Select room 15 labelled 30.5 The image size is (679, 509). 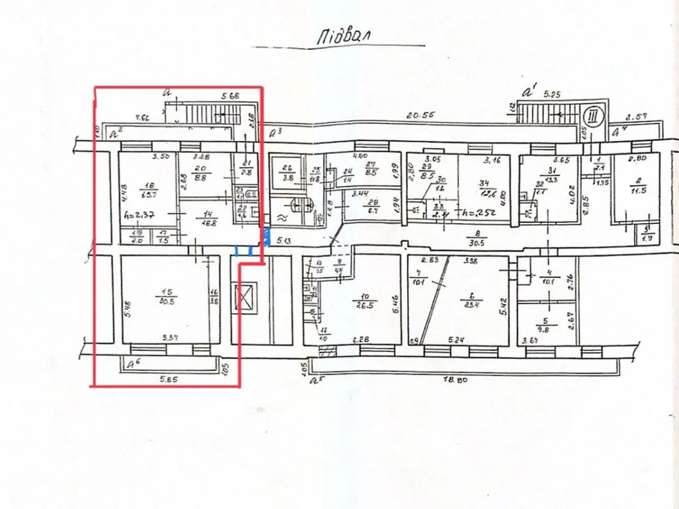(x=167, y=297)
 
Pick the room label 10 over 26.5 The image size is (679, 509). (x=365, y=301)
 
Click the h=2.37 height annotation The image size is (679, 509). (x=139, y=215)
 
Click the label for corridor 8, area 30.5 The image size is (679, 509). (x=477, y=240)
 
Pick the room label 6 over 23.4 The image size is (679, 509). (x=472, y=300)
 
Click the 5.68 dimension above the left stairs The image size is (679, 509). (x=230, y=96)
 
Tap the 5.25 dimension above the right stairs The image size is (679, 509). (x=552, y=94)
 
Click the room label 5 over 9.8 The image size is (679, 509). (x=544, y=324)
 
